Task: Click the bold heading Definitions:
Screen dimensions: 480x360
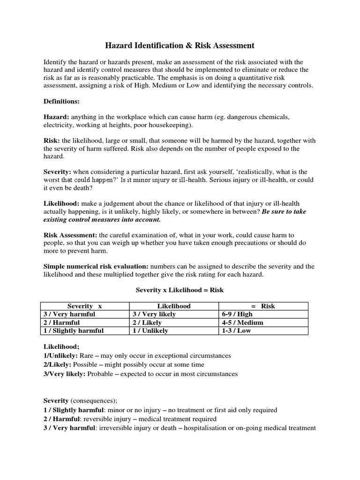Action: tap(61, 101)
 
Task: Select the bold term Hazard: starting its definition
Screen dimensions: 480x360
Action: tap(56, 117)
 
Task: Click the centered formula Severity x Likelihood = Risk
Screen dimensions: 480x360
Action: tap(180, 290)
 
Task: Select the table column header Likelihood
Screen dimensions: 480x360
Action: tap(174, 306)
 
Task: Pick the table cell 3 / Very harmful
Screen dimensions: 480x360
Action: tap(69, 314)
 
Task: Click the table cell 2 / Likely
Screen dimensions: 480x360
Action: tap(147, 322)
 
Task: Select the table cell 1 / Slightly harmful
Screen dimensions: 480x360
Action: tap(73, 330)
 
